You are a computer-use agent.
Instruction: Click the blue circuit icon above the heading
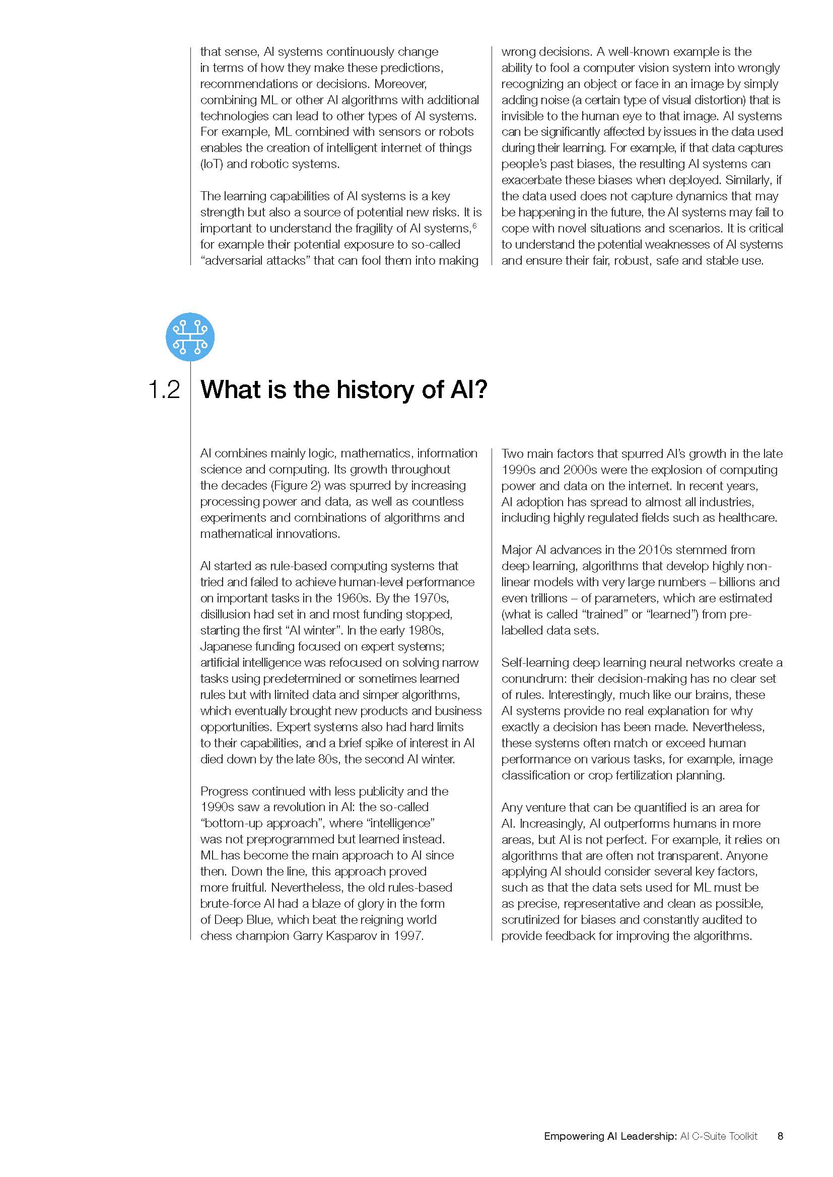click(190, 337)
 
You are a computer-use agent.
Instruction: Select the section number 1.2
click(164, 390)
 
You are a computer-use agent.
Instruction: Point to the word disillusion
click(226, 614)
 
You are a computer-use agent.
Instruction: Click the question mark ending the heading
click(481, 390)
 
